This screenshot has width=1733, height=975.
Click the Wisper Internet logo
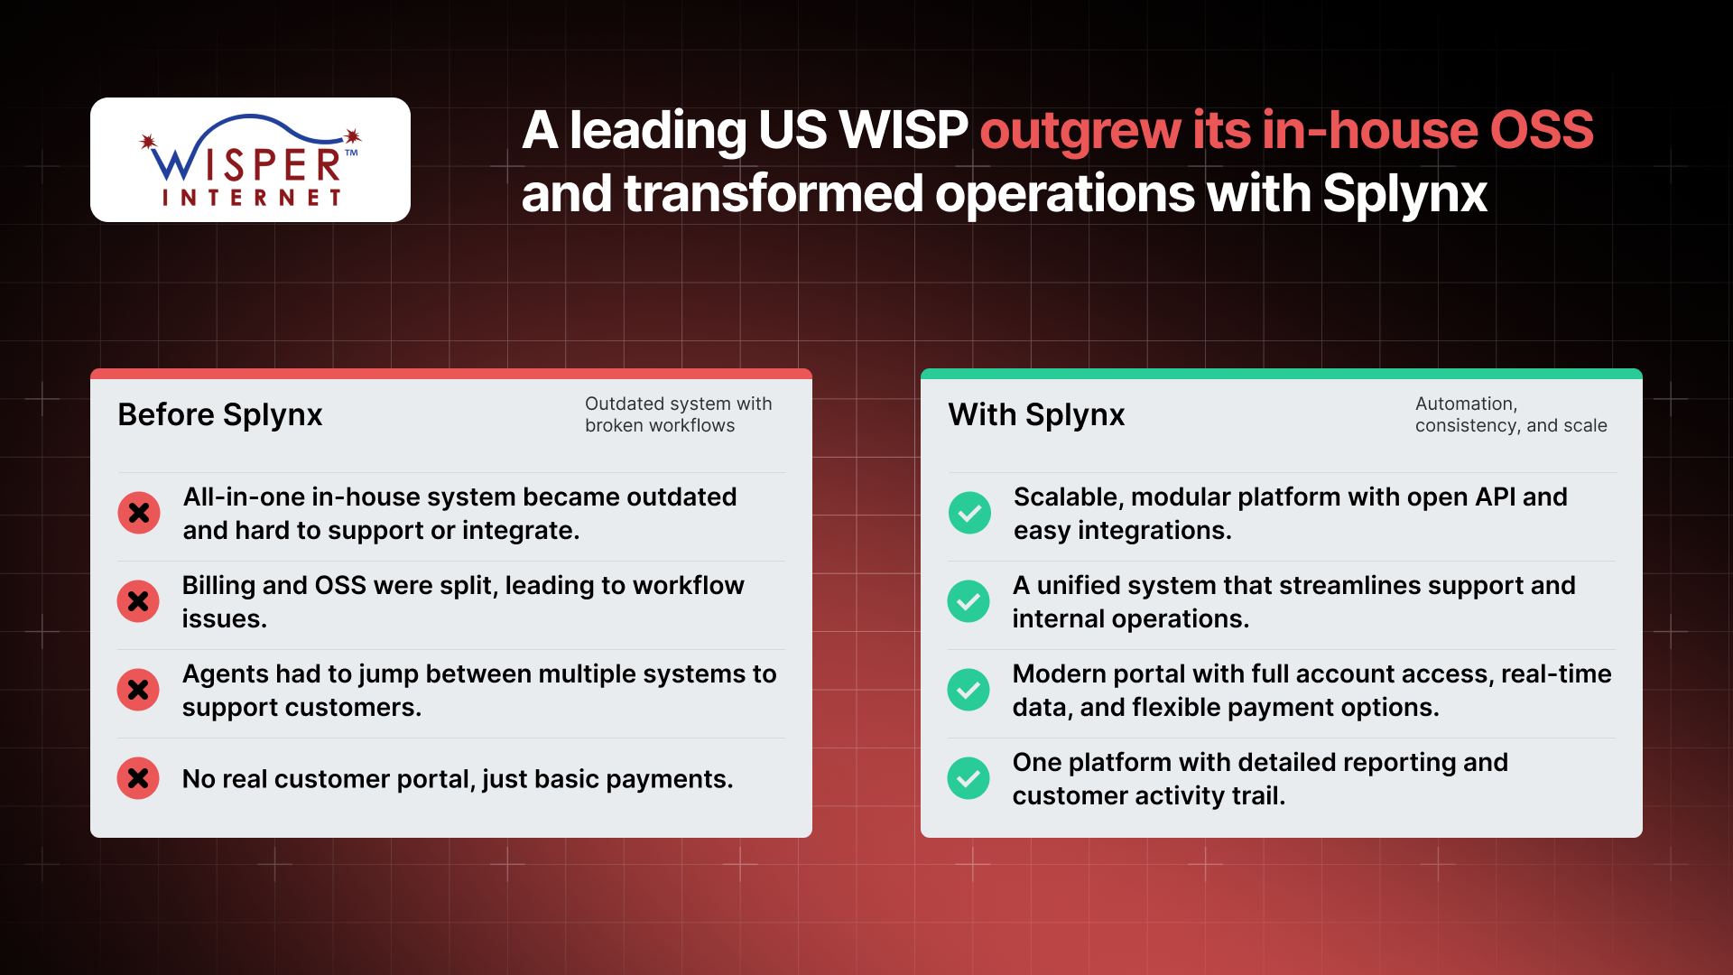pyautogui.click(x=250, y=160)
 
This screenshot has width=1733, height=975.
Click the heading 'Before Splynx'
pyautogui.click(x=220, y=414)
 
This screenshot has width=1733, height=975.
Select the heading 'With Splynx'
pyautogui.click(x=1036, y=414)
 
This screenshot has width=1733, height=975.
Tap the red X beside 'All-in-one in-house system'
pyautogui.click(x=139, y=513)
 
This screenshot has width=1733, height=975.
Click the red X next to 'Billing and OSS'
pyautogui.click(x=138, y=601)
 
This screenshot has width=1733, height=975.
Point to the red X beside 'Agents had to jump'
pyautogui.click(x=138, y=690)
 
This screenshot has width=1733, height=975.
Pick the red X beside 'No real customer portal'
pyautogui.click(x=138, y=778)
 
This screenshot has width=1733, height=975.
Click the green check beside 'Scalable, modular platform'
pyautogui.click(x=969, y=513)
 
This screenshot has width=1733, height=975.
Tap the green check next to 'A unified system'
pyautogui.click(x=968, y=601)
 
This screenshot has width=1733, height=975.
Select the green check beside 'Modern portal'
pyautogui.click(x=968, y=690)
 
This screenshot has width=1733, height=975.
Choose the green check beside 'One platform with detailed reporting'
pyautogui.click(x=968, y=778)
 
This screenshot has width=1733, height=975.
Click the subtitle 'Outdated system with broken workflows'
pyautogui.click(x=679, y=414)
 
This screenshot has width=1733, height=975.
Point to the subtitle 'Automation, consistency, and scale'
pyautogui.click(x=1511, y=414)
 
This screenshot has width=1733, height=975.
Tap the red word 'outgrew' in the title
pyautogui.click(x=1080, y=132)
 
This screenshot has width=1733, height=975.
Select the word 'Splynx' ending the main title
pyautogui.click(x=1404, y=194)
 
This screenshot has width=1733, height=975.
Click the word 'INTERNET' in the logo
pyautogui.click(x=252, y=198)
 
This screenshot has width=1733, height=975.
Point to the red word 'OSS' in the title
pyautogui.click(x=1542, y=130)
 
